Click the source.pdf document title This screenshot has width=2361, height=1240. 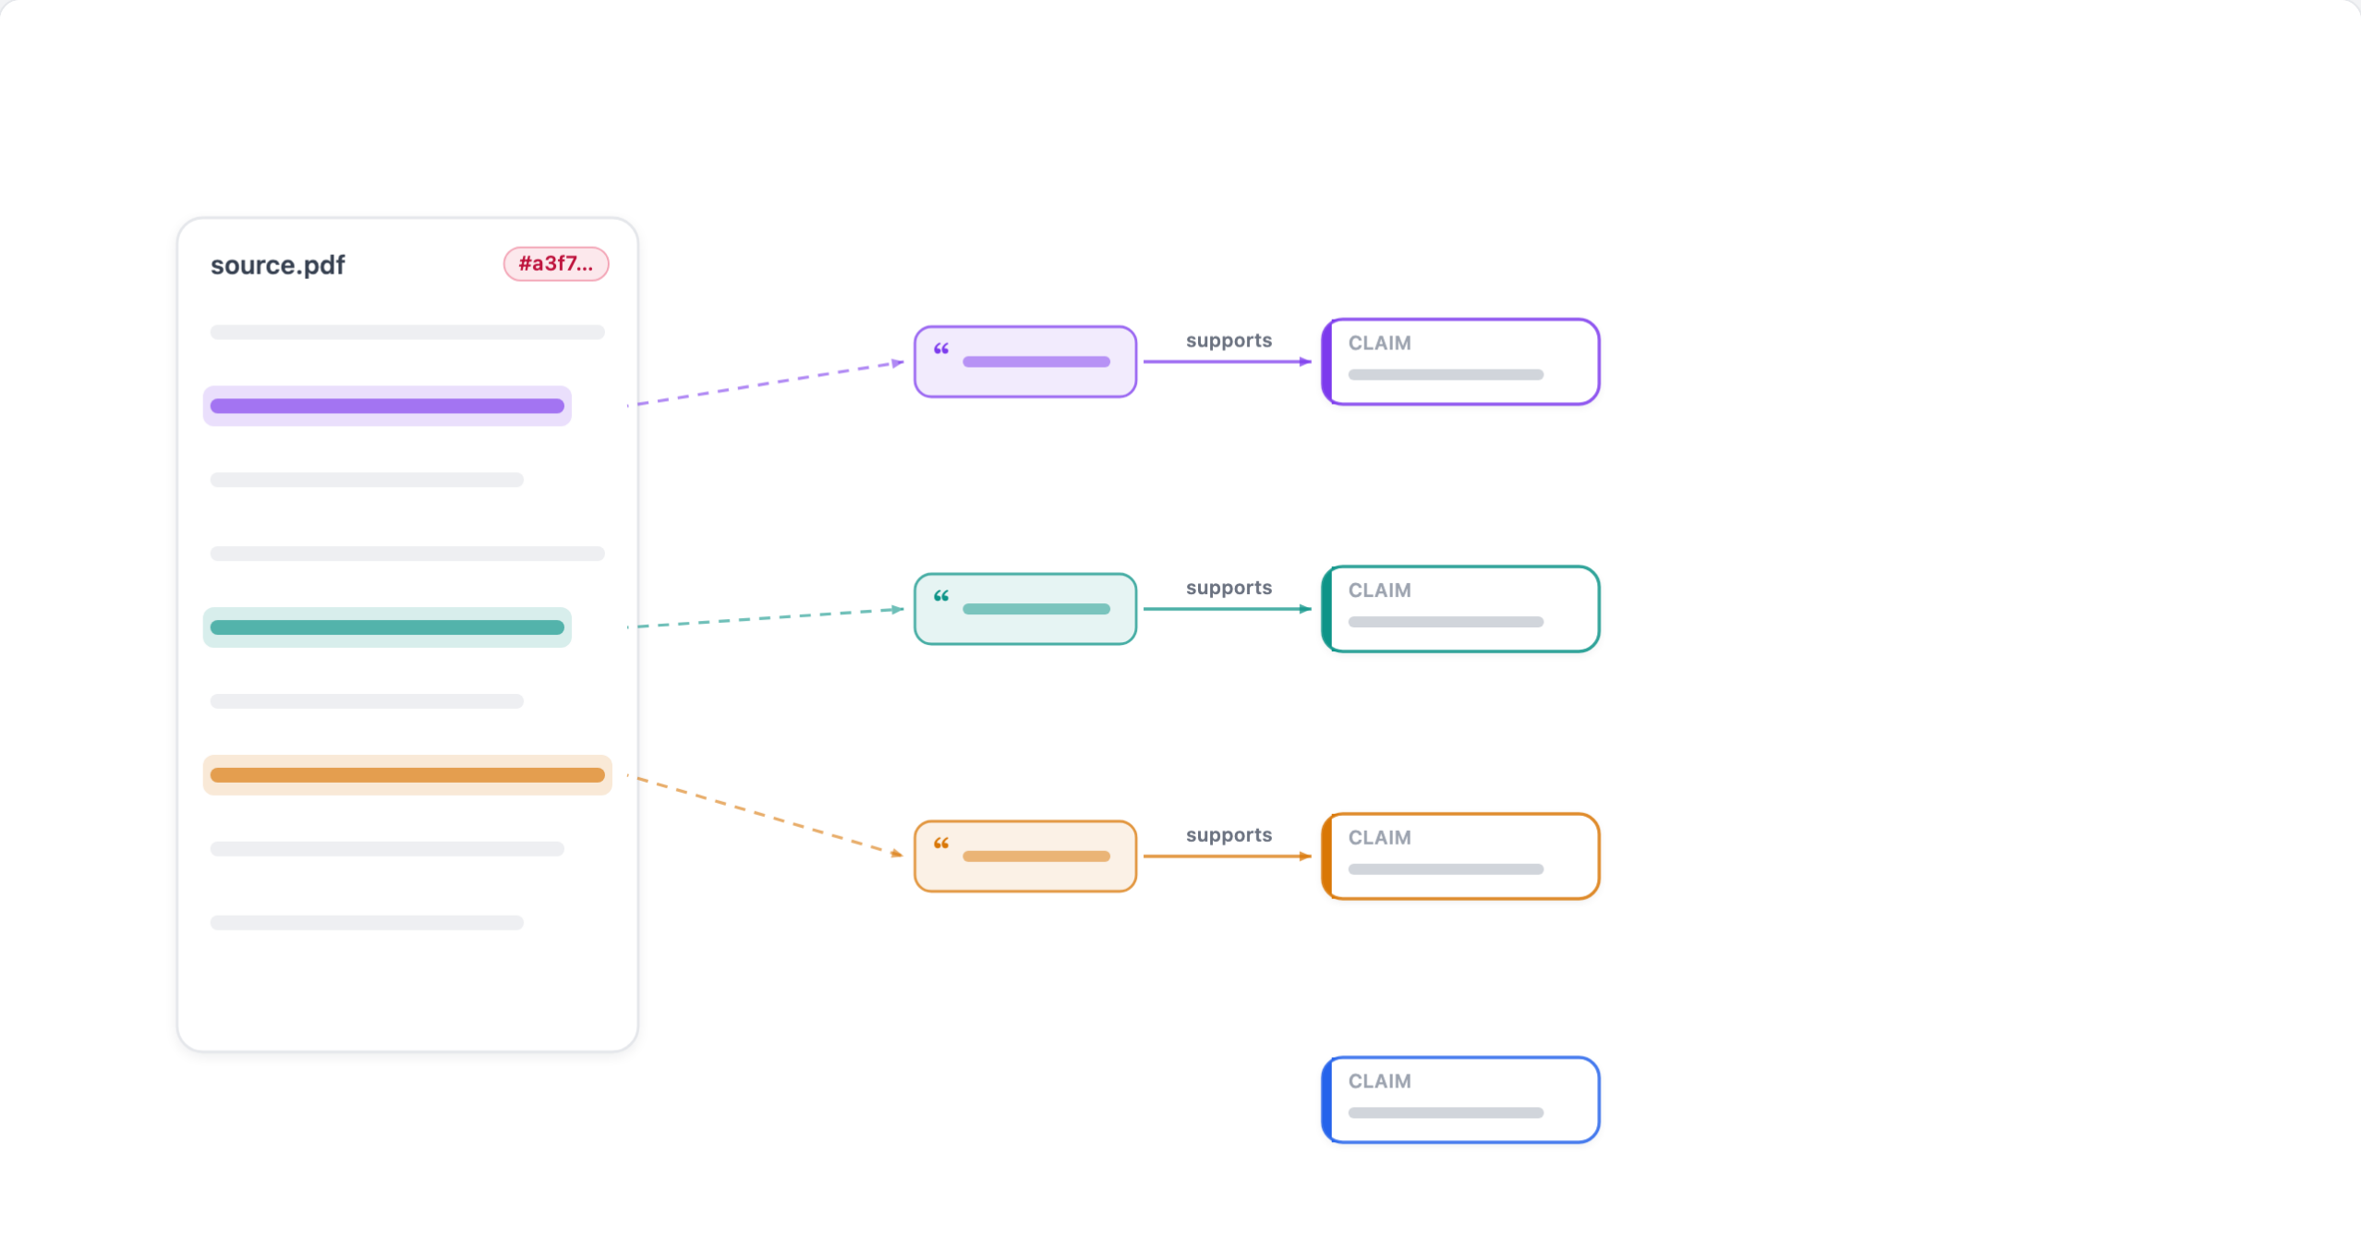click(x=277, y=265)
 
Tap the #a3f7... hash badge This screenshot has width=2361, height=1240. click(x=555, y=263)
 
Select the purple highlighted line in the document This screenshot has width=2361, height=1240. click(x=387, y=406)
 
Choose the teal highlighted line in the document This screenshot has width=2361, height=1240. click(x=387, y=627)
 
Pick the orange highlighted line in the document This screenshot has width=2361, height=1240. click(x=407, y=775)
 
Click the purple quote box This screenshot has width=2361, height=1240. click(x=1025, y=361)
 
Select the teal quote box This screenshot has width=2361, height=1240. click(x=1025, y=609)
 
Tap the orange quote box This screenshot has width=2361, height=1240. click(x=1025, y=857)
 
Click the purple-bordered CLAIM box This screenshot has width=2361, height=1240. click(x=1460, y=361)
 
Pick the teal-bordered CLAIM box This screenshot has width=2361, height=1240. click(x=1460, y=609)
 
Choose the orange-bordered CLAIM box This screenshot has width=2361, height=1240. click(x=1460, y=857)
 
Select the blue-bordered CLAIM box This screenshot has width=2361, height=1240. click(x=1460, y=1100)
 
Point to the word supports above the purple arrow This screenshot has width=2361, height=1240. click(x=1229, y=341)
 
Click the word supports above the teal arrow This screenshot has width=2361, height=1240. click(x=1229, y=589)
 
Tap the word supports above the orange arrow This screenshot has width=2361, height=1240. click(x=1229, y=836)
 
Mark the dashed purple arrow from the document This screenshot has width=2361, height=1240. click(x=766, y=383)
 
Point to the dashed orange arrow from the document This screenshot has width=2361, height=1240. click(x=766, y=815)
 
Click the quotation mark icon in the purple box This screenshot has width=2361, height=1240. click(x=941, y=349)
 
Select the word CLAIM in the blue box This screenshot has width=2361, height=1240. click(x=1379, y=1081)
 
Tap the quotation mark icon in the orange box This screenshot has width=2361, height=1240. click(x=941, y=845)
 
